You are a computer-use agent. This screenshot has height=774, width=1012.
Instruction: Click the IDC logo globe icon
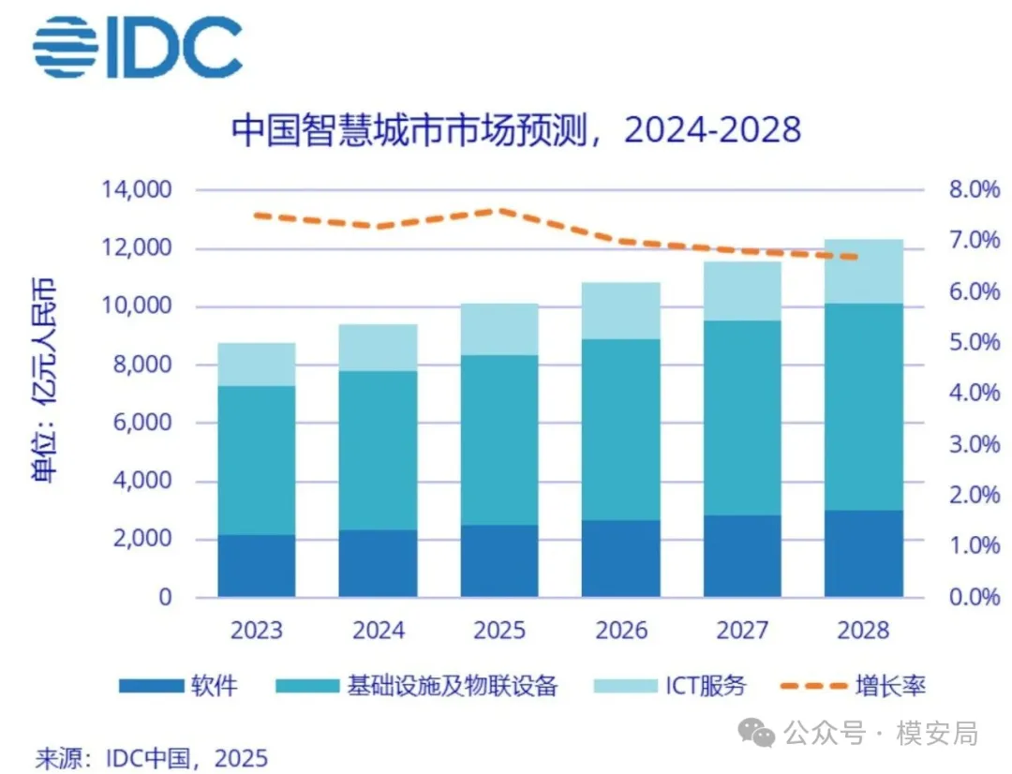(x=65, y=47)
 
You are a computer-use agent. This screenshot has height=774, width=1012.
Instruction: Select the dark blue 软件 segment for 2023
(x=257, y=566)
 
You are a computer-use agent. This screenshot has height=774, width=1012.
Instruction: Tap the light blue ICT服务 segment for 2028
(x=863, y=272)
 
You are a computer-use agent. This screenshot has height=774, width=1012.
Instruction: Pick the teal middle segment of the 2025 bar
(x=499, y=440)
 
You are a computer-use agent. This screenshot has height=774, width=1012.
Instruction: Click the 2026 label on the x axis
(x=621, y=630)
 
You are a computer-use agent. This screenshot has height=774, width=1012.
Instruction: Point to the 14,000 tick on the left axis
(x=137, y=191)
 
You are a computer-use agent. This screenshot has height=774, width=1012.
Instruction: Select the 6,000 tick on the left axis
(x=142, y=424)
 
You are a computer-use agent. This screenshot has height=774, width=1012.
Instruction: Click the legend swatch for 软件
(x=150, y=686)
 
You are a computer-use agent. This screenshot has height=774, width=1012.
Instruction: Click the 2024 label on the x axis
(x=379, y=630)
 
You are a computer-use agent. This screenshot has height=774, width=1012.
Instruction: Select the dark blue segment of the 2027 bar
(x=742, y=557)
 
